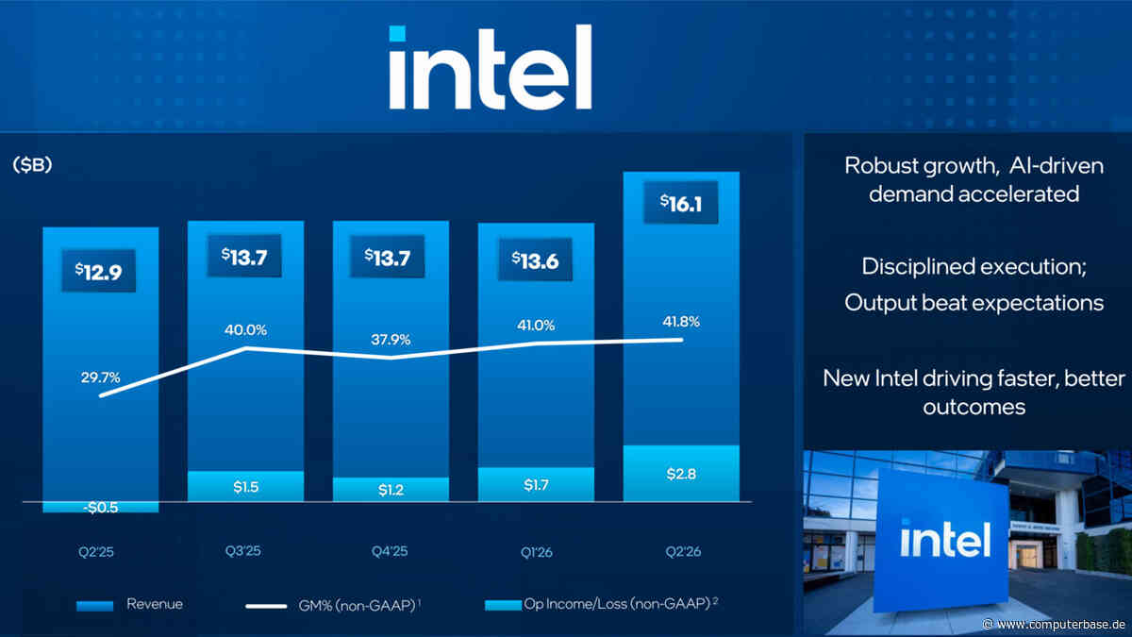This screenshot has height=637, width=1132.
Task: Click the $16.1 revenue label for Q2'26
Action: (x=681, y=203)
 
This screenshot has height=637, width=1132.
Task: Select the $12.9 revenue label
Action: (x=98, y=271)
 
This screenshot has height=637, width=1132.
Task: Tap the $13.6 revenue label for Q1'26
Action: (x=535, y=260)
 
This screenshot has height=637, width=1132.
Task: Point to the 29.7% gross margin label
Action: (x=100, y=377)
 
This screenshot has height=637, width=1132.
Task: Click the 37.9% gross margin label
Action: (x=391, y=339)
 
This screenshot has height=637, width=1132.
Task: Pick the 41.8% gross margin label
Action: (x=681, y=322)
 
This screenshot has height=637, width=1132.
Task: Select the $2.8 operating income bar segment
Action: (x=681, y=473)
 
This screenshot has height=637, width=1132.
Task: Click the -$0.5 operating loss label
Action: (x=101, y=508)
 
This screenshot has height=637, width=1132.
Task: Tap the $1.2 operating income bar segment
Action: (x=391, y=490)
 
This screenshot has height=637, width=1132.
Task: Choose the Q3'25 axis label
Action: (x=243, y=550)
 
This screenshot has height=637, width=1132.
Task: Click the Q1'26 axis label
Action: (x=536, y=551)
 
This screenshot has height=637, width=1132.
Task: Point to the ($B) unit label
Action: (x=32, y=164)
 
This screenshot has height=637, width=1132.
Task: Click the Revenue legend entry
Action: (x=129, y=604)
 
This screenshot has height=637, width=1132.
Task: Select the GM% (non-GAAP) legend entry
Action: (x=333, y=605)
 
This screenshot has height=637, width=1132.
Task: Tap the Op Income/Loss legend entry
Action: (x=602, y=604)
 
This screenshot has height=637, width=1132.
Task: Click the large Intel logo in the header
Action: (x=491, y=67)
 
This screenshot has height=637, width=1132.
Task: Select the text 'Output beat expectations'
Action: (x=974, y=303)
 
